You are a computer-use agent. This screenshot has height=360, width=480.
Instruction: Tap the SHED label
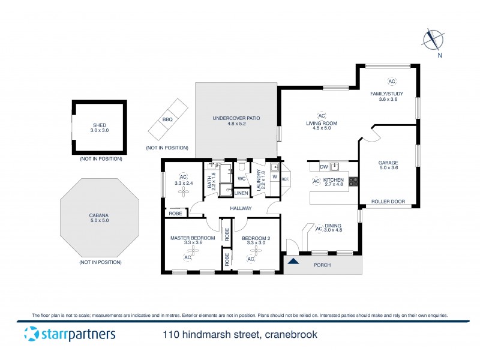(99, 125)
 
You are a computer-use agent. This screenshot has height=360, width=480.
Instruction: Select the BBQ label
(167, 119)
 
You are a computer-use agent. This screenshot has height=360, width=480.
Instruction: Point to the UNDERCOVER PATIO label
(236, 118)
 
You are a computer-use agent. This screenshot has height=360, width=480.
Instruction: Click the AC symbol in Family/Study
(392, 82)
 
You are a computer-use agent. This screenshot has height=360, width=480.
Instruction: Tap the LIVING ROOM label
(322, 124)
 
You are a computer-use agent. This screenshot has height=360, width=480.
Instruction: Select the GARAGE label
(388, 163)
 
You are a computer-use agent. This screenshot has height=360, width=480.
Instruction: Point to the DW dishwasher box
(323, 167)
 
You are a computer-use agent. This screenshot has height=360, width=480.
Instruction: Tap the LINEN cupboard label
(241, 193)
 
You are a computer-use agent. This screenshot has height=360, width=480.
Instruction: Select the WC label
(241, 179)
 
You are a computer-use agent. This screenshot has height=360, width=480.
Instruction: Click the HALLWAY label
(240, 208)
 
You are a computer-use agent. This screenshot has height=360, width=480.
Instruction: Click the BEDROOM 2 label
(256, 238)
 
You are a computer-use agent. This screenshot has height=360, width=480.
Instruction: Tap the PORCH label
(322, 265)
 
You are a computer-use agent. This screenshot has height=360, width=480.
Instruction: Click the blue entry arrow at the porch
(293, 260)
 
